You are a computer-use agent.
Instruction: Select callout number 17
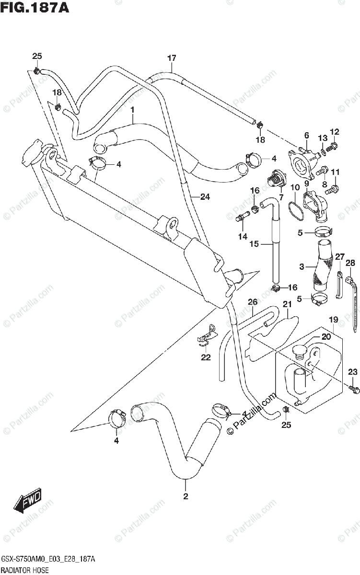[172, 58]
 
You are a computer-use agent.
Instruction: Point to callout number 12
[334, 132]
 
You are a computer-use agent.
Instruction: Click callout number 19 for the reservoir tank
[333, 319]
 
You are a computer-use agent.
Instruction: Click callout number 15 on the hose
[254, 244]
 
